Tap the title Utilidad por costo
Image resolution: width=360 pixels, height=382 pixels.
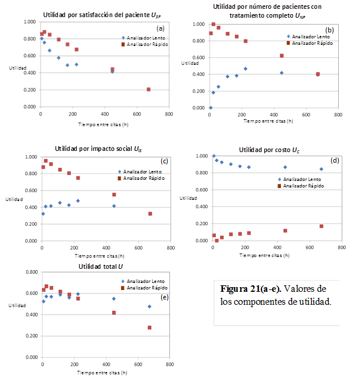269,149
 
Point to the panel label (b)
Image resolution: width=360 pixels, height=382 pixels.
329,29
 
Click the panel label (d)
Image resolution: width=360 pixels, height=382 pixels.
335,160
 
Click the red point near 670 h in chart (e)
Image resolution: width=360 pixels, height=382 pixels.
149,328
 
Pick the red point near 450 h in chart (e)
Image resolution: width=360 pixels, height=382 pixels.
114,312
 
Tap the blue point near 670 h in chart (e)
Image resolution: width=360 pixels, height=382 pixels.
149,307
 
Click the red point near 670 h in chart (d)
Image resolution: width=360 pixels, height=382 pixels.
321,226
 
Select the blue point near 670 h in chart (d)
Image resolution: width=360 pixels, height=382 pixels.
321,169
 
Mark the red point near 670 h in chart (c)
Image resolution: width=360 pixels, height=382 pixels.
150,213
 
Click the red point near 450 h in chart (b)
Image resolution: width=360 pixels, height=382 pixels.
282,55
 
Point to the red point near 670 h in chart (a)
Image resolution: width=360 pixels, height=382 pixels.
149,90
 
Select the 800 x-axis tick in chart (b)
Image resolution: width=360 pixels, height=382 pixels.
338,115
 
